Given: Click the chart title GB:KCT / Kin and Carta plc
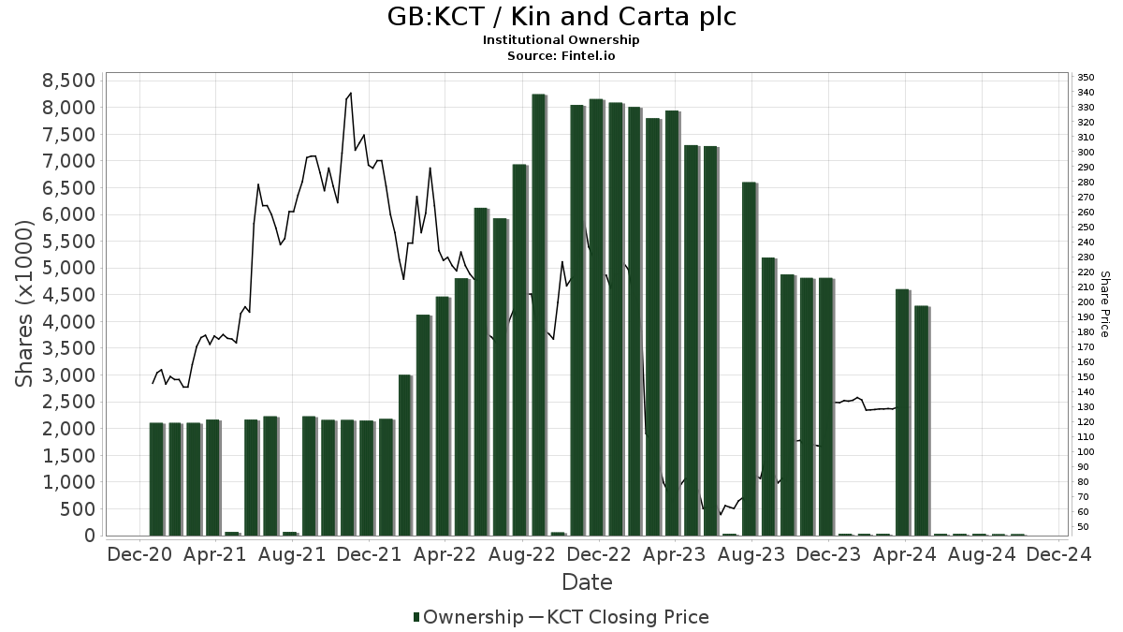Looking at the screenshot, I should click(561, 17).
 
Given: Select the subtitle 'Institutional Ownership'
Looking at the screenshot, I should click(561, 40).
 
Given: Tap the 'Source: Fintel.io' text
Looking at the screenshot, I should click(561, 55).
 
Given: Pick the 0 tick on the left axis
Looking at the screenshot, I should click(89, 536).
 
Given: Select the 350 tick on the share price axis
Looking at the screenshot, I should click(1086, 77).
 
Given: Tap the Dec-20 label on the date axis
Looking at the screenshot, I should click(139, 554).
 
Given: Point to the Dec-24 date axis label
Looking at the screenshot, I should click(1058, 554).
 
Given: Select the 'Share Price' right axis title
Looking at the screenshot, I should click(1105, 303).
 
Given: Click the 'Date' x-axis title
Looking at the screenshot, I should click(587, 582).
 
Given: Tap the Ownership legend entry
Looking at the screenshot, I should click(468, 617).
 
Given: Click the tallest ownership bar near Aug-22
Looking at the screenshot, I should click(539, 315).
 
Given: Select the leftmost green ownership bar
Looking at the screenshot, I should click(156, 478).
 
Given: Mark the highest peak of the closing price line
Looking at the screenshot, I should click(351, 93).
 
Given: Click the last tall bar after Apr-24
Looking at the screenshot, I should click(922, 420).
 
